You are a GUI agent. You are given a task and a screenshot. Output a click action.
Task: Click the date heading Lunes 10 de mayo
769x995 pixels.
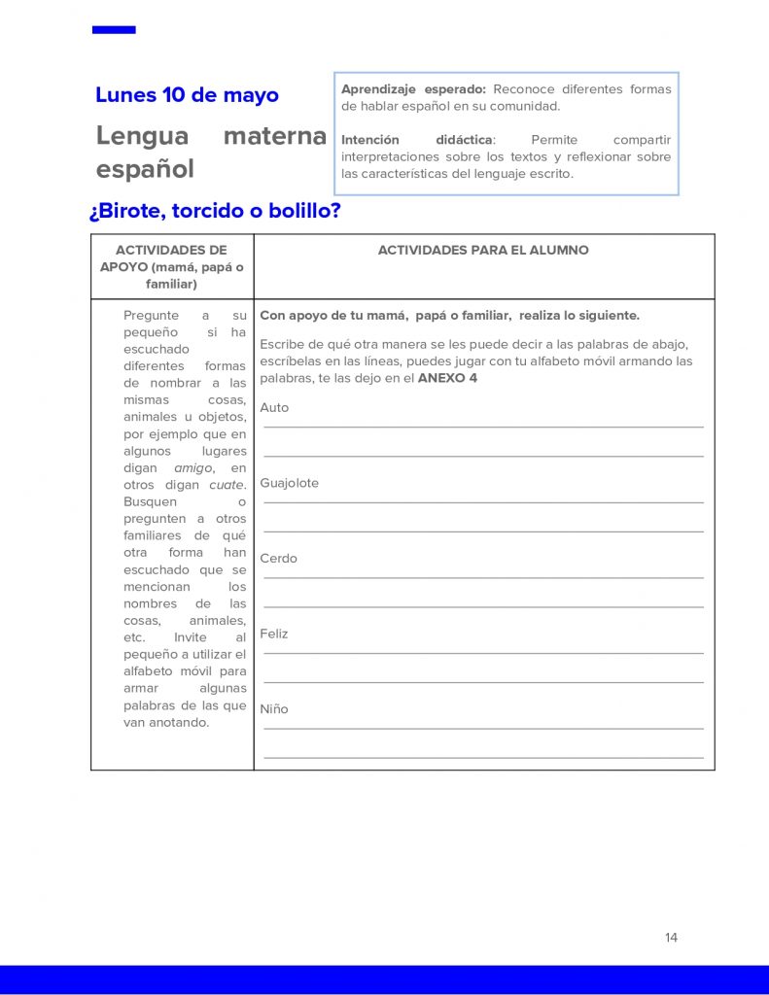(187, 95)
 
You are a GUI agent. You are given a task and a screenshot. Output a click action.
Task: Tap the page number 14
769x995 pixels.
(671, 938)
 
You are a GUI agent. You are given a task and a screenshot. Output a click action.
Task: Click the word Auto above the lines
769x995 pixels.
(274, 408)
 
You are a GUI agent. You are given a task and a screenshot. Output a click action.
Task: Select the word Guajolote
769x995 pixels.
(289, 483)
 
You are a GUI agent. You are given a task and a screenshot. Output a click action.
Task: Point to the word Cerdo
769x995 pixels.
(278, 559)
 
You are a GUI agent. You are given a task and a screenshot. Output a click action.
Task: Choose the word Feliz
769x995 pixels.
(274, 634)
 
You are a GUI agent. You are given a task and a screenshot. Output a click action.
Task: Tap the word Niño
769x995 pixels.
(274, 709)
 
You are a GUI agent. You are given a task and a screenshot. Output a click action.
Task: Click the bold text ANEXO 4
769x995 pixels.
(447, 378)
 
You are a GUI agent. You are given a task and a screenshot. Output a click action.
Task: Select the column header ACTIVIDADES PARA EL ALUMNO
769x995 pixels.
(483, 251)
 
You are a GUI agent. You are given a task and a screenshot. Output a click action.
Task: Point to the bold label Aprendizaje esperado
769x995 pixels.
(413, 89)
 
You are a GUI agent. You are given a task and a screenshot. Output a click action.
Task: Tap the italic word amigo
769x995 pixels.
(193, 468)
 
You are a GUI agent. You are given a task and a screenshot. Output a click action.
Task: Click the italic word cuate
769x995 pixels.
(227, 485)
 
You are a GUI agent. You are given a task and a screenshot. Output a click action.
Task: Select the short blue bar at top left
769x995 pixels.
(114, 30)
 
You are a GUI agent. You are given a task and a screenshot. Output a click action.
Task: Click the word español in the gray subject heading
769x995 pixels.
(145, 169)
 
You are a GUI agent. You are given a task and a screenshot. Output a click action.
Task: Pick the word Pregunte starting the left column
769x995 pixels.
(152, 316)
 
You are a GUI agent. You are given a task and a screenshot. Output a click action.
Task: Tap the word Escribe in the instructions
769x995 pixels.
(283, 344)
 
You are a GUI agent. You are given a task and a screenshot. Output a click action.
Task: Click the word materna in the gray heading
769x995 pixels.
(274, 137)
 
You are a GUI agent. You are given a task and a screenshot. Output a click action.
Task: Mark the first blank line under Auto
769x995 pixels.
(483, 427)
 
